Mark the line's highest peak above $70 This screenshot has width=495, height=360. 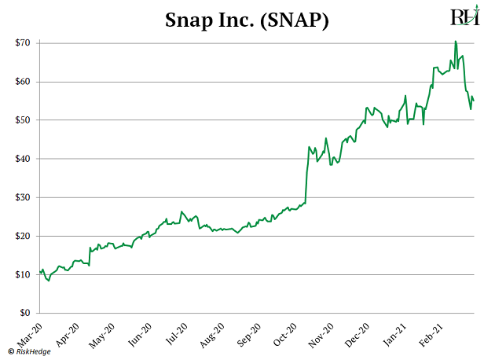pos(456,41)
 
